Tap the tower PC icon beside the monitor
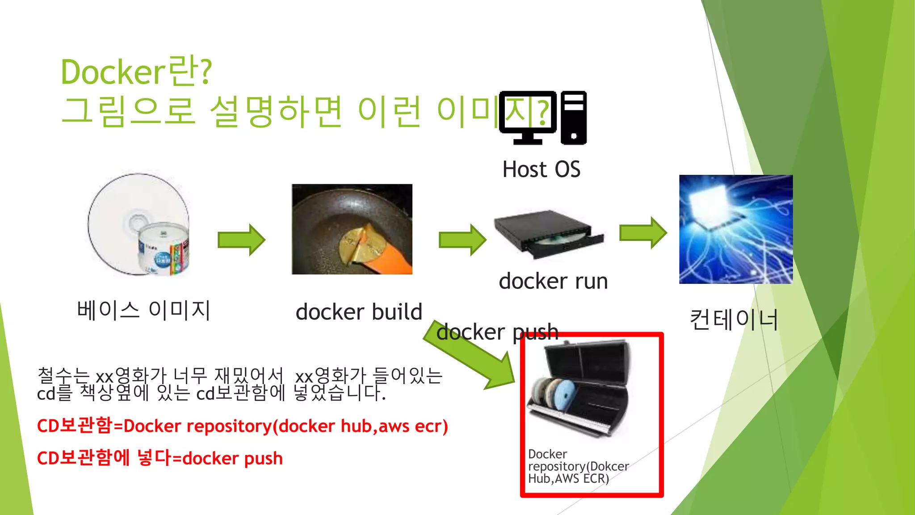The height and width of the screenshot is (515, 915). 574,118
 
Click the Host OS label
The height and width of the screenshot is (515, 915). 541,169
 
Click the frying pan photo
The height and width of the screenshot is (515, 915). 352,229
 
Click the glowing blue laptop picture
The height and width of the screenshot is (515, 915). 736,229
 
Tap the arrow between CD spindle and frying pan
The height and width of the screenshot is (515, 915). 241,240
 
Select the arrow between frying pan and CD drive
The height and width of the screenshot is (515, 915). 462,240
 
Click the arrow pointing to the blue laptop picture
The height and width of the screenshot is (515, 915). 643,233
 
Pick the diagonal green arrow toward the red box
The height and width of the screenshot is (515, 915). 474,358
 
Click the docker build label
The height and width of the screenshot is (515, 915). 359,312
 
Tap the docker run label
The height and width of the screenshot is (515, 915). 553,281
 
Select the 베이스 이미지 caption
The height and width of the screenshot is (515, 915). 143,310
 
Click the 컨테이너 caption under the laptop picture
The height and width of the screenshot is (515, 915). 734,320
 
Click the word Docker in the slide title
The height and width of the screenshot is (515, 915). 113,72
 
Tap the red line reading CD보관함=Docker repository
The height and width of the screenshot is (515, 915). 242,426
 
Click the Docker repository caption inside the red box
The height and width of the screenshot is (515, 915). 578,466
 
